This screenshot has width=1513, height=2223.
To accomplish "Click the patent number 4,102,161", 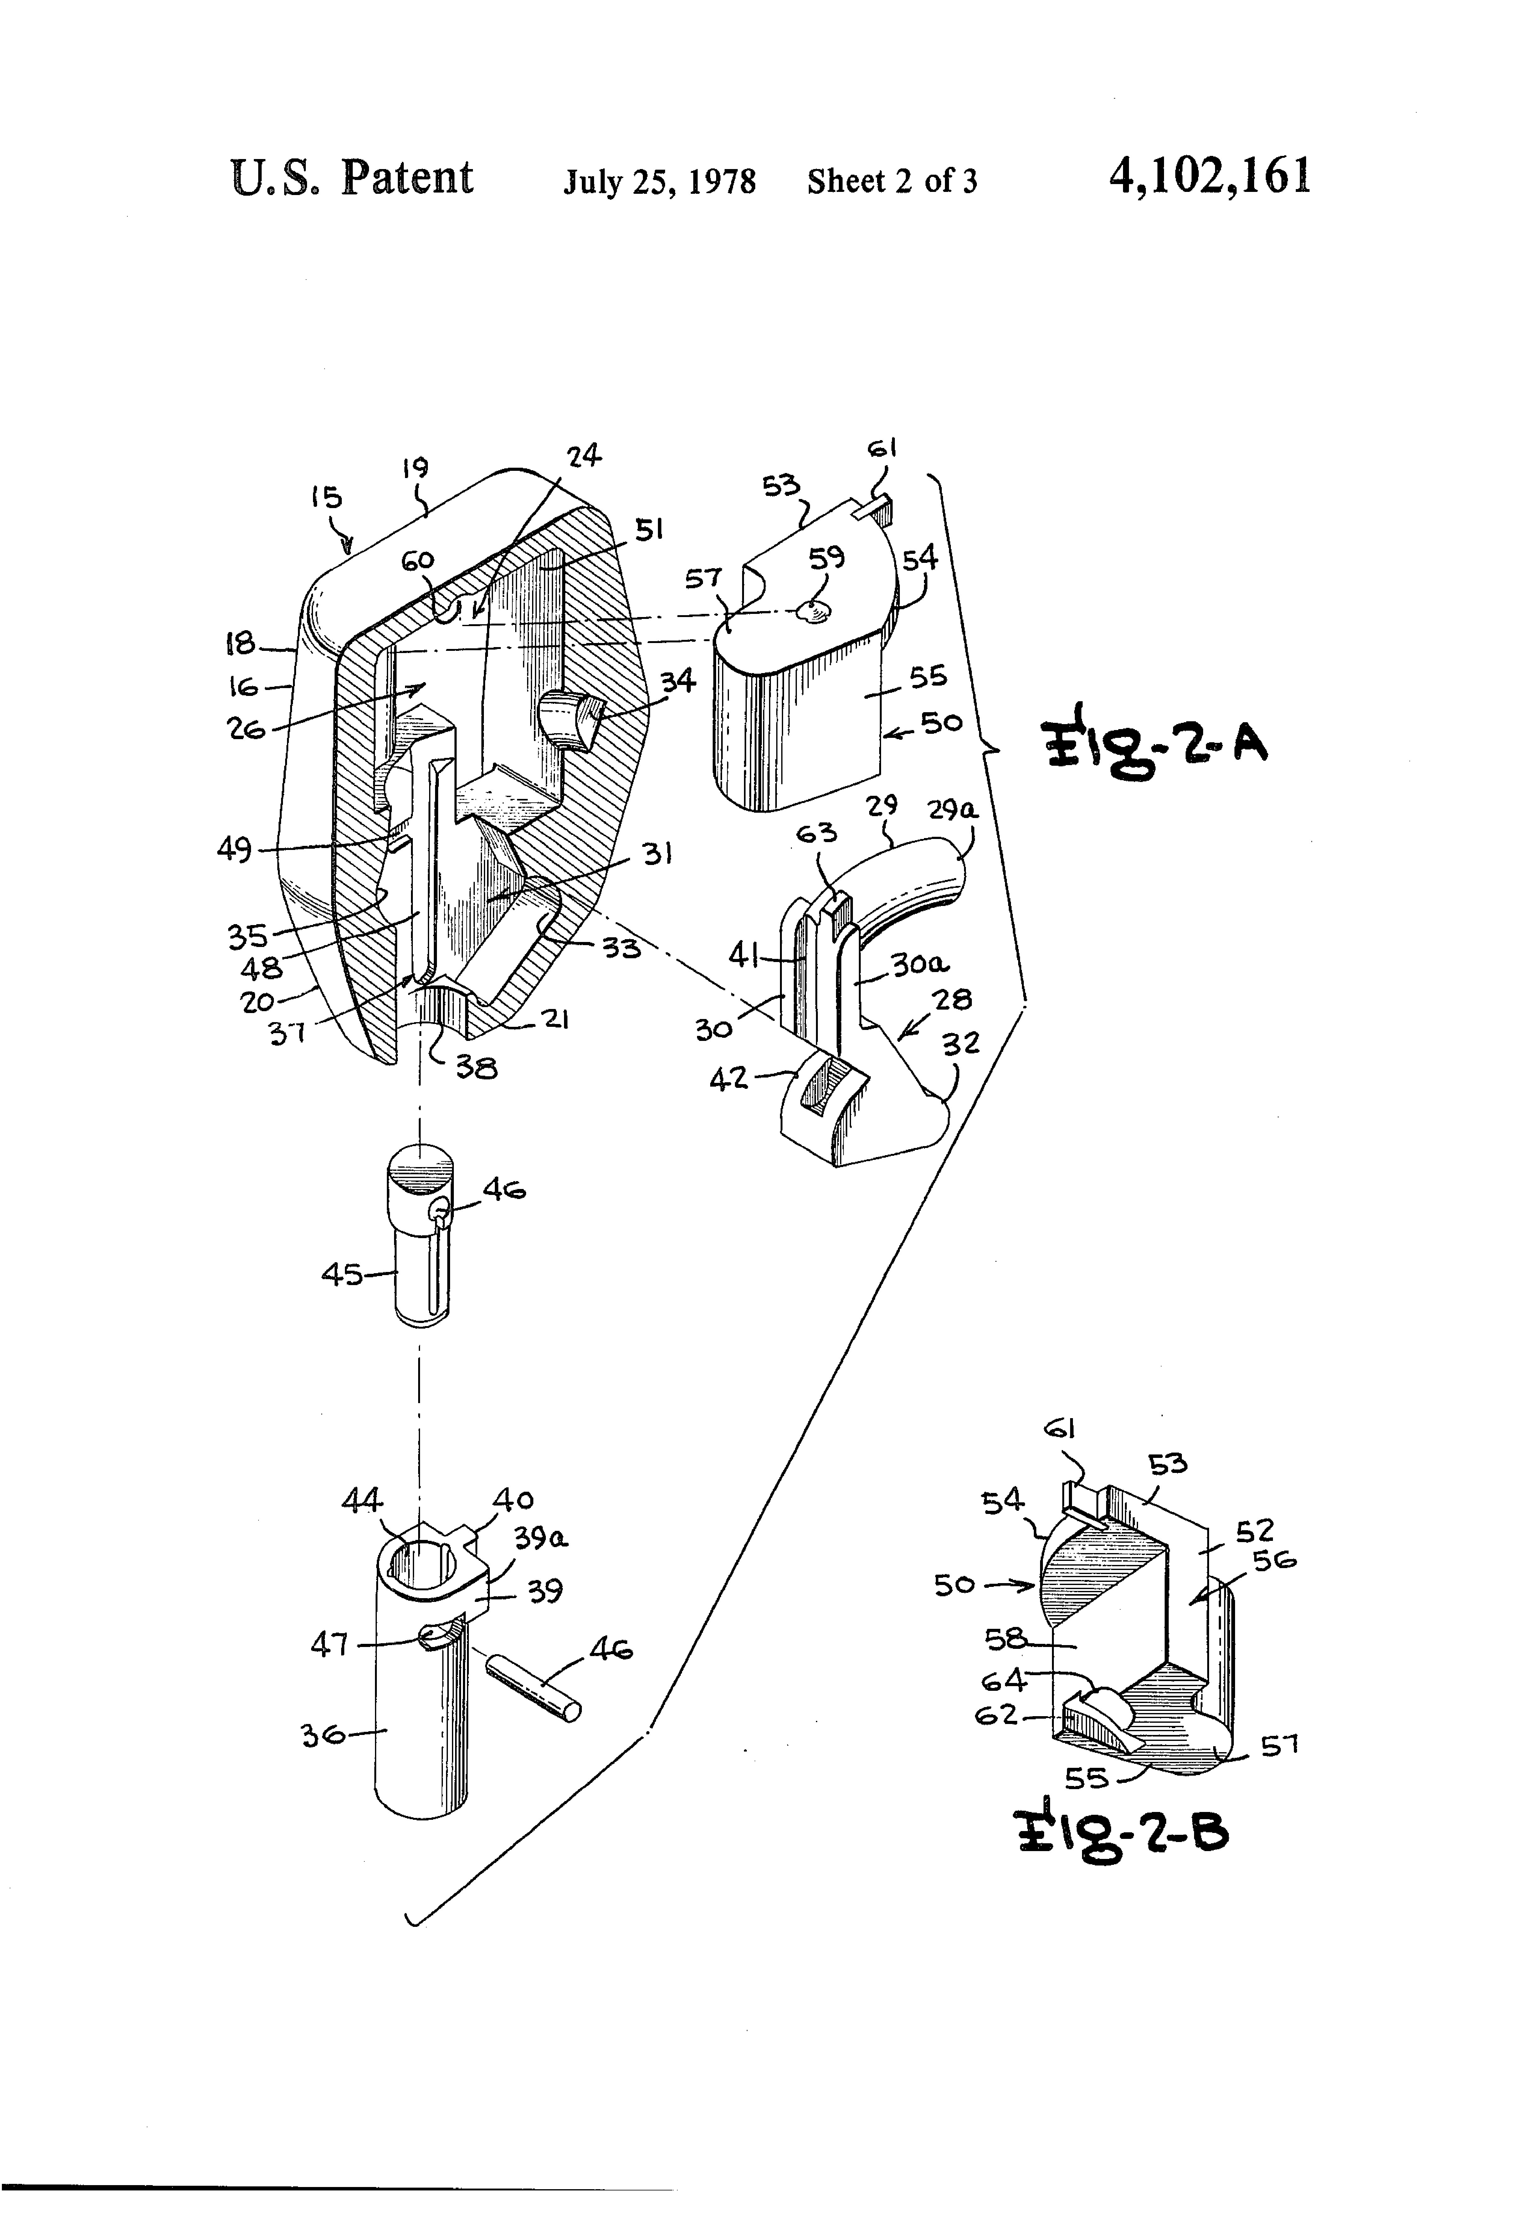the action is (x=1209, y=178).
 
